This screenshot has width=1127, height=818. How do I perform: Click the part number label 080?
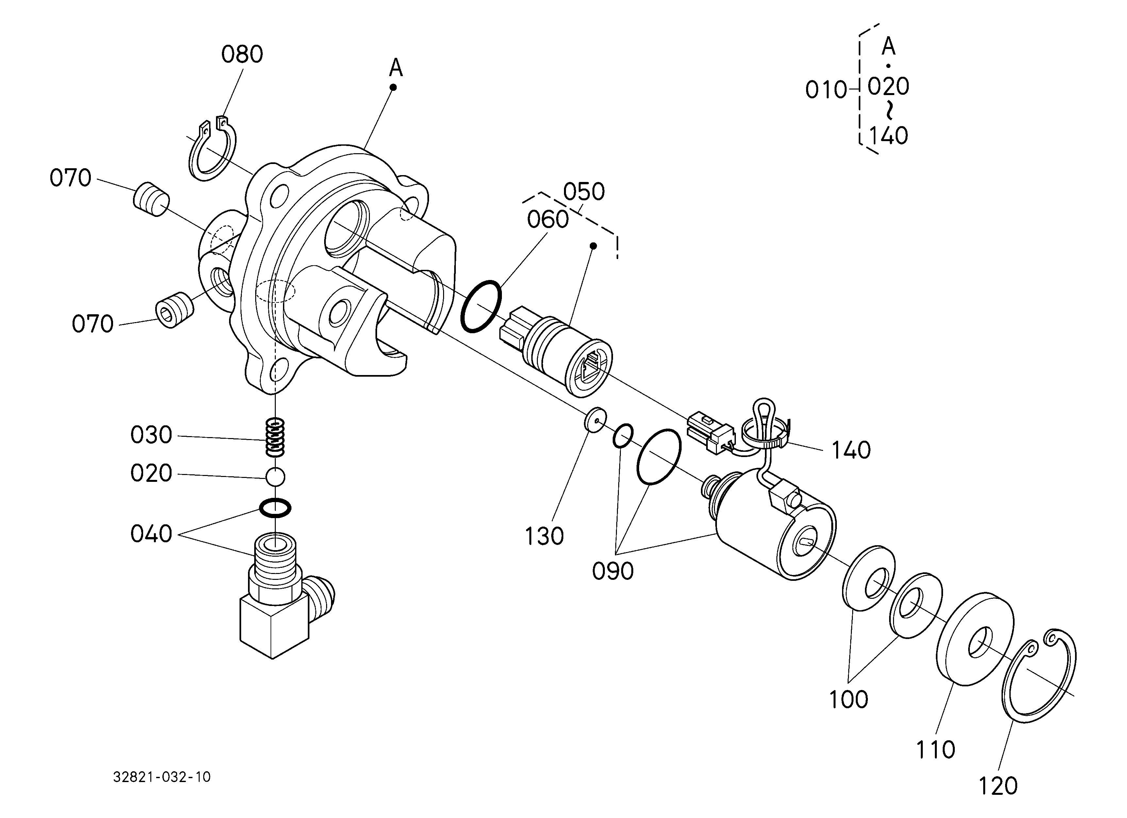tap(242, 55)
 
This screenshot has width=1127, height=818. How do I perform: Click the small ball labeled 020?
tap(275, 477)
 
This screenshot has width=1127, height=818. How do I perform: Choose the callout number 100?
tap(848, 700)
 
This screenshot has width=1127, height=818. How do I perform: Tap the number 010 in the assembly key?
tap(826, 90)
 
